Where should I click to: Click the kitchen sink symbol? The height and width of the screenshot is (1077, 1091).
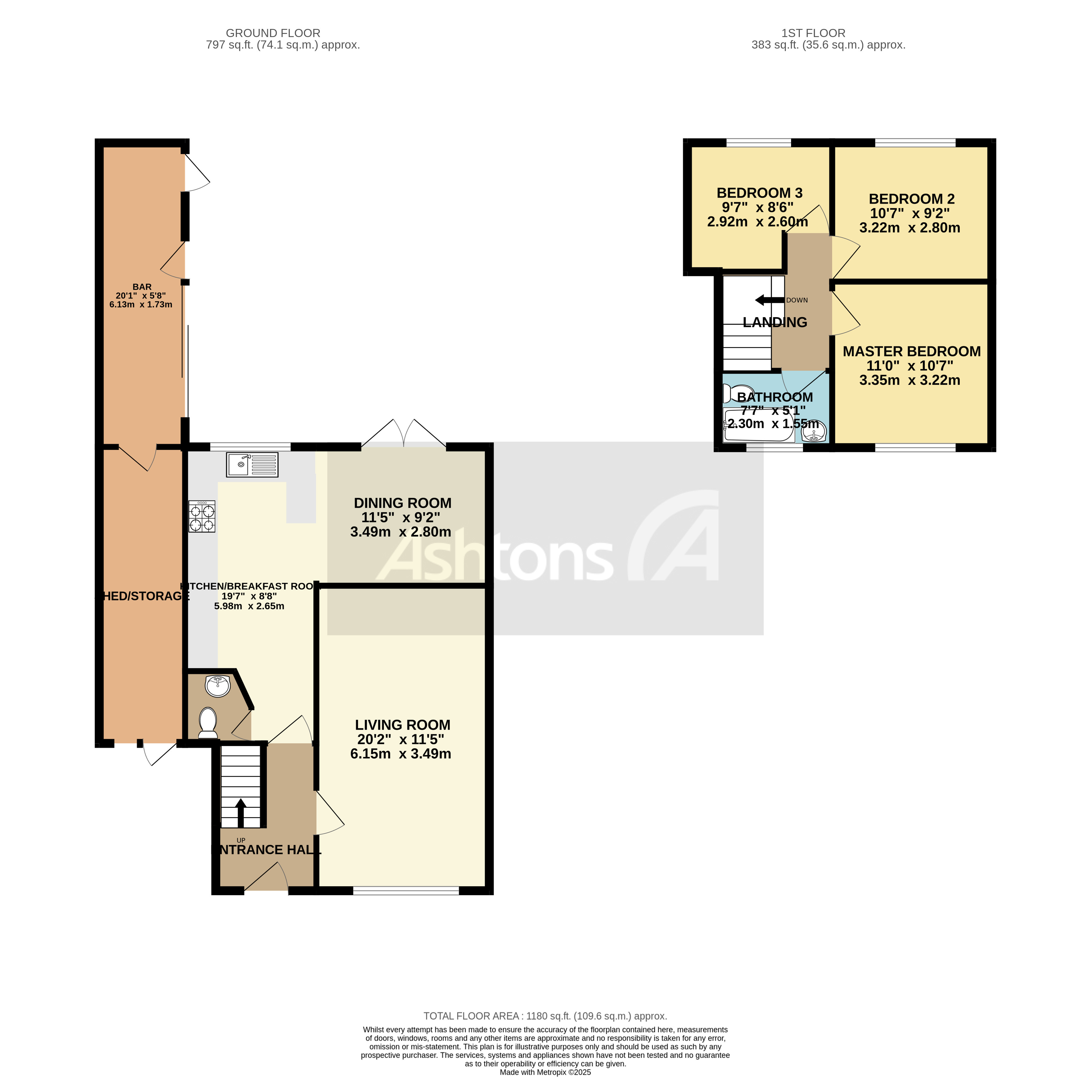(x=252, y=464)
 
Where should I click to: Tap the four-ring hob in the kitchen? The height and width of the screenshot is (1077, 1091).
(x=202, y=516)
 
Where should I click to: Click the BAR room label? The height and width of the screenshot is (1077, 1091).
(x=142, y=287)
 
